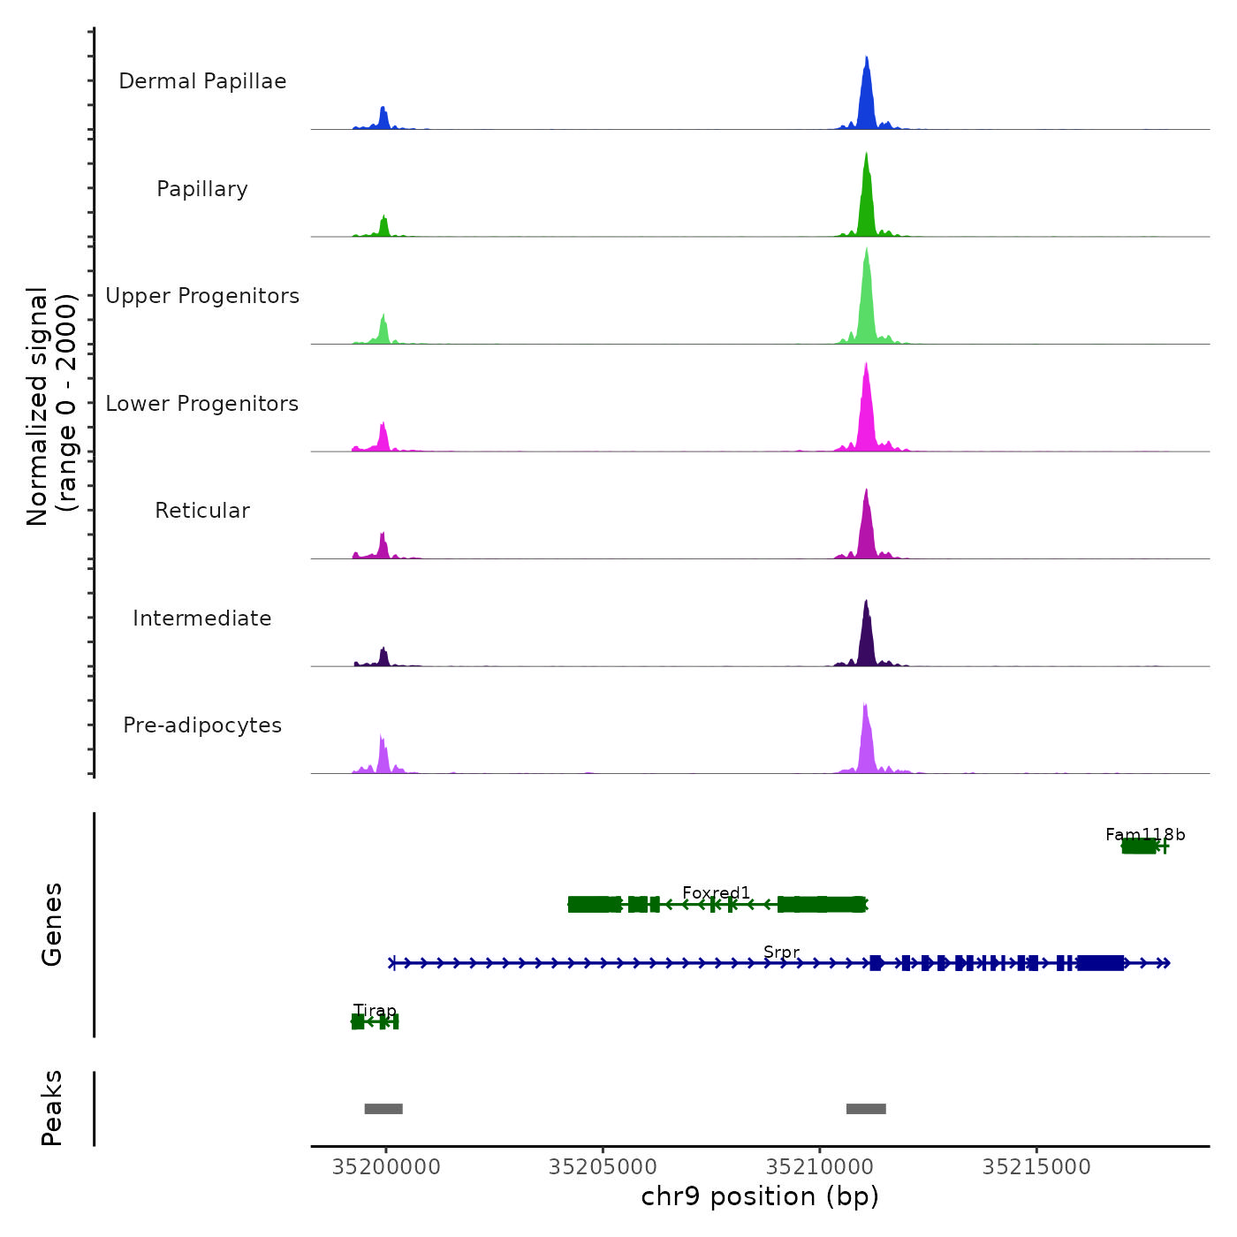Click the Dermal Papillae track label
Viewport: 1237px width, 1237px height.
click(x=202, y=81)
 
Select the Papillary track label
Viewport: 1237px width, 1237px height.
click(x=202, y=189)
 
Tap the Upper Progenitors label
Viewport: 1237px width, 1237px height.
click(x=202, y=296)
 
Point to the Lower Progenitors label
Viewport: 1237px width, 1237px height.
click(x=202, y=404)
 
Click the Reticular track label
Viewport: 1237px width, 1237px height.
click(x=202, y=511)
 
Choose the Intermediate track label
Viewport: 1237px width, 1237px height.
click(x=202, y=618)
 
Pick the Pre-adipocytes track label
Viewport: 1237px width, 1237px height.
click(x=202, y=725)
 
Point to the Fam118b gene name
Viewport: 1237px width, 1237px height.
click(x=1145, y=835)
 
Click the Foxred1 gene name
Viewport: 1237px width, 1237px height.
click(x=716, y=893)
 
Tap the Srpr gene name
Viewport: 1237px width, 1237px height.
click(x=781, y=952)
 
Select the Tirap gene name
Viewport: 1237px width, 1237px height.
click(x=375, y=1011)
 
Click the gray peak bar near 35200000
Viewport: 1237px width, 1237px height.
click(x=383, y=1109)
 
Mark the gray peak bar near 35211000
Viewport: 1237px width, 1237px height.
click(x=866, y=1109)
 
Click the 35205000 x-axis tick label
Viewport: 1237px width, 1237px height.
click(x=603, y=1167)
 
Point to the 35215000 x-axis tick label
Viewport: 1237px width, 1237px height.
click(x=1036, y=1167)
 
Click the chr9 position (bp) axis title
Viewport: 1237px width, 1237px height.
click(x=760, y=1197)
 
